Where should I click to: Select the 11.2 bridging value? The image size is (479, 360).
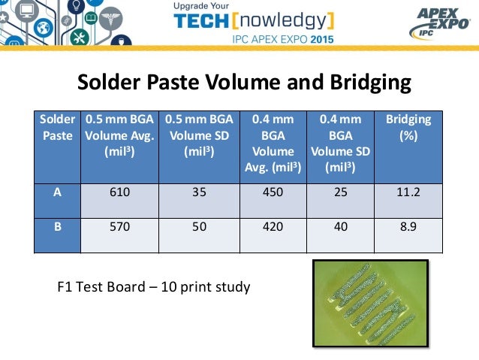click(408, 192)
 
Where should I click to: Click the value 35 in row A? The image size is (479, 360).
click(199, 192)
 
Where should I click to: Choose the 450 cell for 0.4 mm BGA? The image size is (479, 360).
click(273, 192)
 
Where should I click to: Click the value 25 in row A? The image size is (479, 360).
click(340, 192)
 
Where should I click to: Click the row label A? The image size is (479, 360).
click(57, 192)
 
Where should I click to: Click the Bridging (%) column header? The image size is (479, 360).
click(408, 128)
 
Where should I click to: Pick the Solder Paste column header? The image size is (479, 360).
click(57, 128)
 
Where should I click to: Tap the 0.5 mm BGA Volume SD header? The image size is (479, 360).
click(199, 135)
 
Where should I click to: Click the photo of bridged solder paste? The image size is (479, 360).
click(369, 304)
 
